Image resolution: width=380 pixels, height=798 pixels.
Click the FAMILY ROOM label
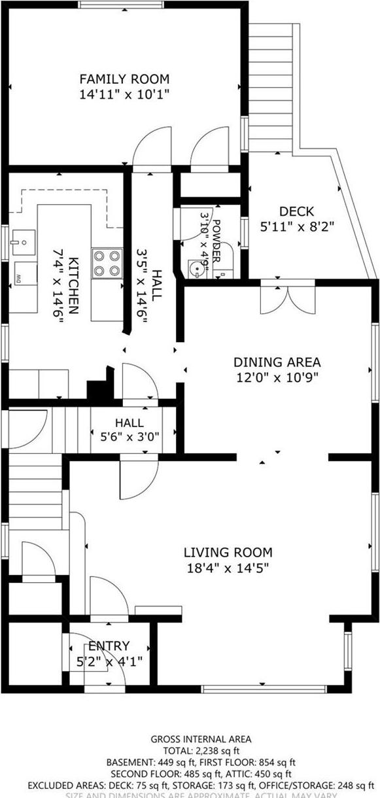(x=124, y=79)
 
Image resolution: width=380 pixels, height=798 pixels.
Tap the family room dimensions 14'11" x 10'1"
(x=124, y=94)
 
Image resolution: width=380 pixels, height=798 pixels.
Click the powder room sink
(x=194, y=268)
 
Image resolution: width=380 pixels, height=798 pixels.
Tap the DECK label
(x=296, y=211)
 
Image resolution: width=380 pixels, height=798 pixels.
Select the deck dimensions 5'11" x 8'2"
(x=296, y=226)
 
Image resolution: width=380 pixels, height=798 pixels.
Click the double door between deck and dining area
(x=279, y=298)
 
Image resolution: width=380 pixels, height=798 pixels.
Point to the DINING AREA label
(x=277, y=362)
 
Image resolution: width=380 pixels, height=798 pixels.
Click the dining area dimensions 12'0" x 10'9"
(x=277, y=377)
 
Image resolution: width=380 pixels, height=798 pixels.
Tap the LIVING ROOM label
(x=227, y=553)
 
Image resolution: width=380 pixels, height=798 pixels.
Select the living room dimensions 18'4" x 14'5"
(x=227, y=568)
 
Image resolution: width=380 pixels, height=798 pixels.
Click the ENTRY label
(x=109, y=646)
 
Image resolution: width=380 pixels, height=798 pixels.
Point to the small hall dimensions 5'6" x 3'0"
(x=129, y=439)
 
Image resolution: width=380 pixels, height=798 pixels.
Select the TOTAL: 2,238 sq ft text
(x=190, y=751)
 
